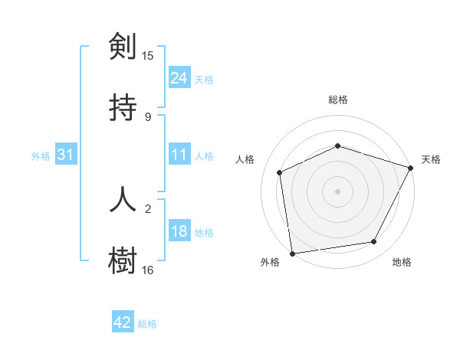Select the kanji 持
(x=123, y=107)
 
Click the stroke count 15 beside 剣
(x=148, y=56)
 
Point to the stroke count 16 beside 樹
(x=148, y=270)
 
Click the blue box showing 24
(x=179, y=78)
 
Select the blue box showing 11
(x=179, y=155)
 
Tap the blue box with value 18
(x=179, y=231)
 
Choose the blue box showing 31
(x=66, y=155)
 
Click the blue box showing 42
(x=123, y=322)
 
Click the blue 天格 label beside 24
(x=204, y=79)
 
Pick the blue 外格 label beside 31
(x=41, y=155)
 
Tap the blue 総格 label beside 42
(x=147, y=323)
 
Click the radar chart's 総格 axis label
(x=338, y=100)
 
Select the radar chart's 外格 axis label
(x=270, y=262)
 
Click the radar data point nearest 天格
(x=411, y=168)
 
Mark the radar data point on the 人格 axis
(x=280, y=172)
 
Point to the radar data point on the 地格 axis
(x=374, y=242)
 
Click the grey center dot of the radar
(x=338, y=191)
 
